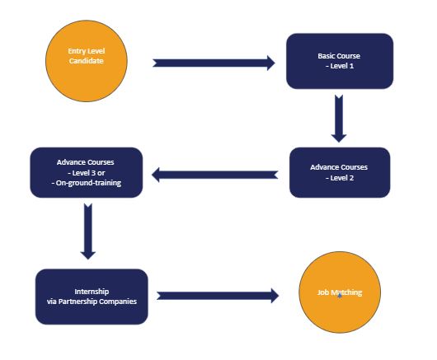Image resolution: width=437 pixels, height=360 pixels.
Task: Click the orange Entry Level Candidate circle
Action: pos(87,61)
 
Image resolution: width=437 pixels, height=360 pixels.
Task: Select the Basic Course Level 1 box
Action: pos(340,61)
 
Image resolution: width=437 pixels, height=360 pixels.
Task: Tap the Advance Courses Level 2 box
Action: pos(340,173)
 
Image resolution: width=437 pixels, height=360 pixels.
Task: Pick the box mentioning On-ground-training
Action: pos(87,173)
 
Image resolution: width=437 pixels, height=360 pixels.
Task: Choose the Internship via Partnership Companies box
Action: pos(92,297)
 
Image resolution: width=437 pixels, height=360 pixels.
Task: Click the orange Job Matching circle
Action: pos(340,292)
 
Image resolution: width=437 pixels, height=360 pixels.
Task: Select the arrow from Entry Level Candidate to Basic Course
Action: pos(214,63)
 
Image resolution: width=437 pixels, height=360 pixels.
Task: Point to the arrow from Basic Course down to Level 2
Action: pos(339,119)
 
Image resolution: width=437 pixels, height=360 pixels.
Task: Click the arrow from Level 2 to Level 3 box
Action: pos(215,175)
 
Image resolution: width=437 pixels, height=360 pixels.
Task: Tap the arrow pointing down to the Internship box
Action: pos(88,231)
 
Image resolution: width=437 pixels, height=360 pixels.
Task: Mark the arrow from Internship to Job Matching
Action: pos(218,296)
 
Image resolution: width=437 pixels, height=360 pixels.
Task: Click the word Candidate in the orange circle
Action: pos(87,61)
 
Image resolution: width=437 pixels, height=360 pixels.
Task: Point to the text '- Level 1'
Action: pos(340,66)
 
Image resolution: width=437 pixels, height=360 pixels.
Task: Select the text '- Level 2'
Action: pos(340,178)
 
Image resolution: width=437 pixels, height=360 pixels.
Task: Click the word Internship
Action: pos(92,292)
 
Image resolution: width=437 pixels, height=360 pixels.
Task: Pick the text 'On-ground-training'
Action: pos(88,183)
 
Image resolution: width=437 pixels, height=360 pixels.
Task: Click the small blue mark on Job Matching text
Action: pos(340,296)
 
